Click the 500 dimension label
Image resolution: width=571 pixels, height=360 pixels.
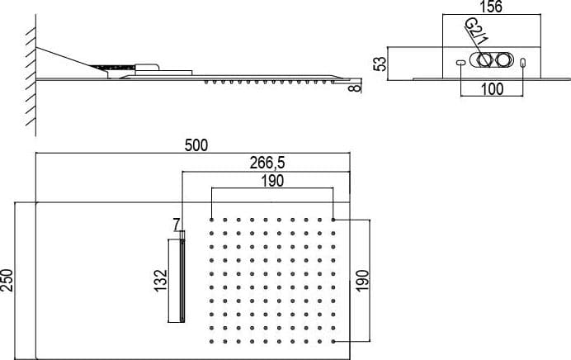tap(196, 145)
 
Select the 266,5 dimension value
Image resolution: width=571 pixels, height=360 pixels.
tap(267, 163)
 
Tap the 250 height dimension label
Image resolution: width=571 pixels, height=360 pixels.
tap(7, 280)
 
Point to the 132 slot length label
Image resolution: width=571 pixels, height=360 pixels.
tap(161, 280)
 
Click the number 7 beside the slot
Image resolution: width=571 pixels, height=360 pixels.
tap(177, 223)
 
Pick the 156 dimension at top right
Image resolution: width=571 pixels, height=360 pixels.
tap(491, 7)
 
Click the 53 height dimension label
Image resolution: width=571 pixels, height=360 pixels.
tap(381, 64)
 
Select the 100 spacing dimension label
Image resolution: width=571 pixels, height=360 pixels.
tap(492, 89)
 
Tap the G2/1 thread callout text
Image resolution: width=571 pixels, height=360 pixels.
tap(476, 31)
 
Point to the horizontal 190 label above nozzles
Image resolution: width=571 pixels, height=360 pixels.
tap(272, 181)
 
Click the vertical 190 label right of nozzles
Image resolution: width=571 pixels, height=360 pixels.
tap(363, 281)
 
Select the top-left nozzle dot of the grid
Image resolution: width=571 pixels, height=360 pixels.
tap(211, 220)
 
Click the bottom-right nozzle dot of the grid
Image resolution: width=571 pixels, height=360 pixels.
tap(333, 341)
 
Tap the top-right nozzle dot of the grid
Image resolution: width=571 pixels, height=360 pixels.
tap(333, 220)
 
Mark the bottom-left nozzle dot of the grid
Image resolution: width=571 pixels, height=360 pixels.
tap(211, 341)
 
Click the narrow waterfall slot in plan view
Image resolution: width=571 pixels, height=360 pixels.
tap(182, 281)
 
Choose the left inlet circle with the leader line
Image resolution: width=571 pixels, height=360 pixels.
tap(484, 60)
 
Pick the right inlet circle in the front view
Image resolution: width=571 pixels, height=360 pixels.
tap(503, 60)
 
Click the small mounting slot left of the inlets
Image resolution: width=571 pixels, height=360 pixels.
tap(460, 63)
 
